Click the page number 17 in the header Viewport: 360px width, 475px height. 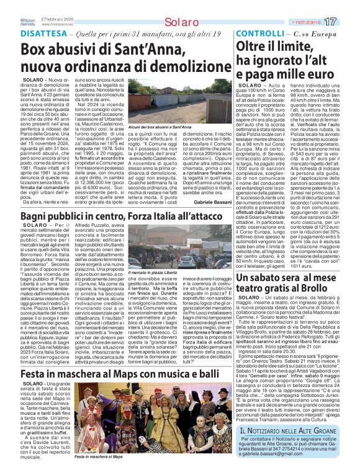point(347,22)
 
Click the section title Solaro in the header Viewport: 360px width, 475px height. point(181,22)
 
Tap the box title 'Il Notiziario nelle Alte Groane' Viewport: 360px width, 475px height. point(289,431)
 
